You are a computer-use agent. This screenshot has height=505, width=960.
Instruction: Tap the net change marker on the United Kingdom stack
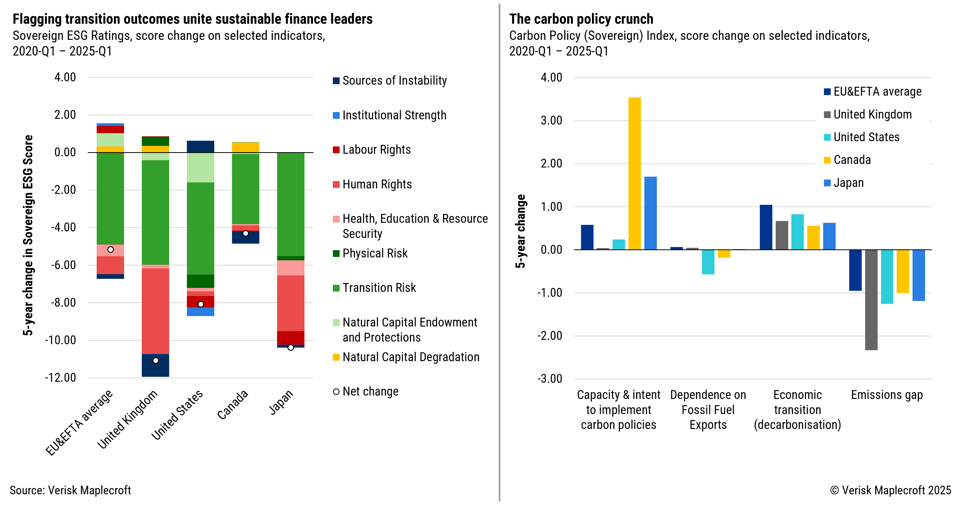(156, 360)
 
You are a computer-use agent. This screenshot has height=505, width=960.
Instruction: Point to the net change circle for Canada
(246, 233)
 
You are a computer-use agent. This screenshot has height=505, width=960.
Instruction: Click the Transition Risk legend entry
(379, 288)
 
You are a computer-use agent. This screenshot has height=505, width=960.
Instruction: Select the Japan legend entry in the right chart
(848, 183)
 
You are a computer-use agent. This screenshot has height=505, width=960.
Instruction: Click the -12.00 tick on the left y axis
(60, 378)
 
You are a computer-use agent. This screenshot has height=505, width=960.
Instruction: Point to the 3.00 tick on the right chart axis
(551, 120)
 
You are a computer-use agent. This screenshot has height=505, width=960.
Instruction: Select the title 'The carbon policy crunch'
(581, 19)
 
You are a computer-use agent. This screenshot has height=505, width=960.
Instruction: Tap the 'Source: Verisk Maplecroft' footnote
(70, 490)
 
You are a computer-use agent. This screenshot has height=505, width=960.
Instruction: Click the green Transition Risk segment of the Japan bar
(290, 204)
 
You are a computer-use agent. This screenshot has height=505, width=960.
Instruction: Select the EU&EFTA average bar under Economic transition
(766, 227)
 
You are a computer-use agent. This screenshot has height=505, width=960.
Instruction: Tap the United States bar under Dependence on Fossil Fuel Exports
(708, 262)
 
